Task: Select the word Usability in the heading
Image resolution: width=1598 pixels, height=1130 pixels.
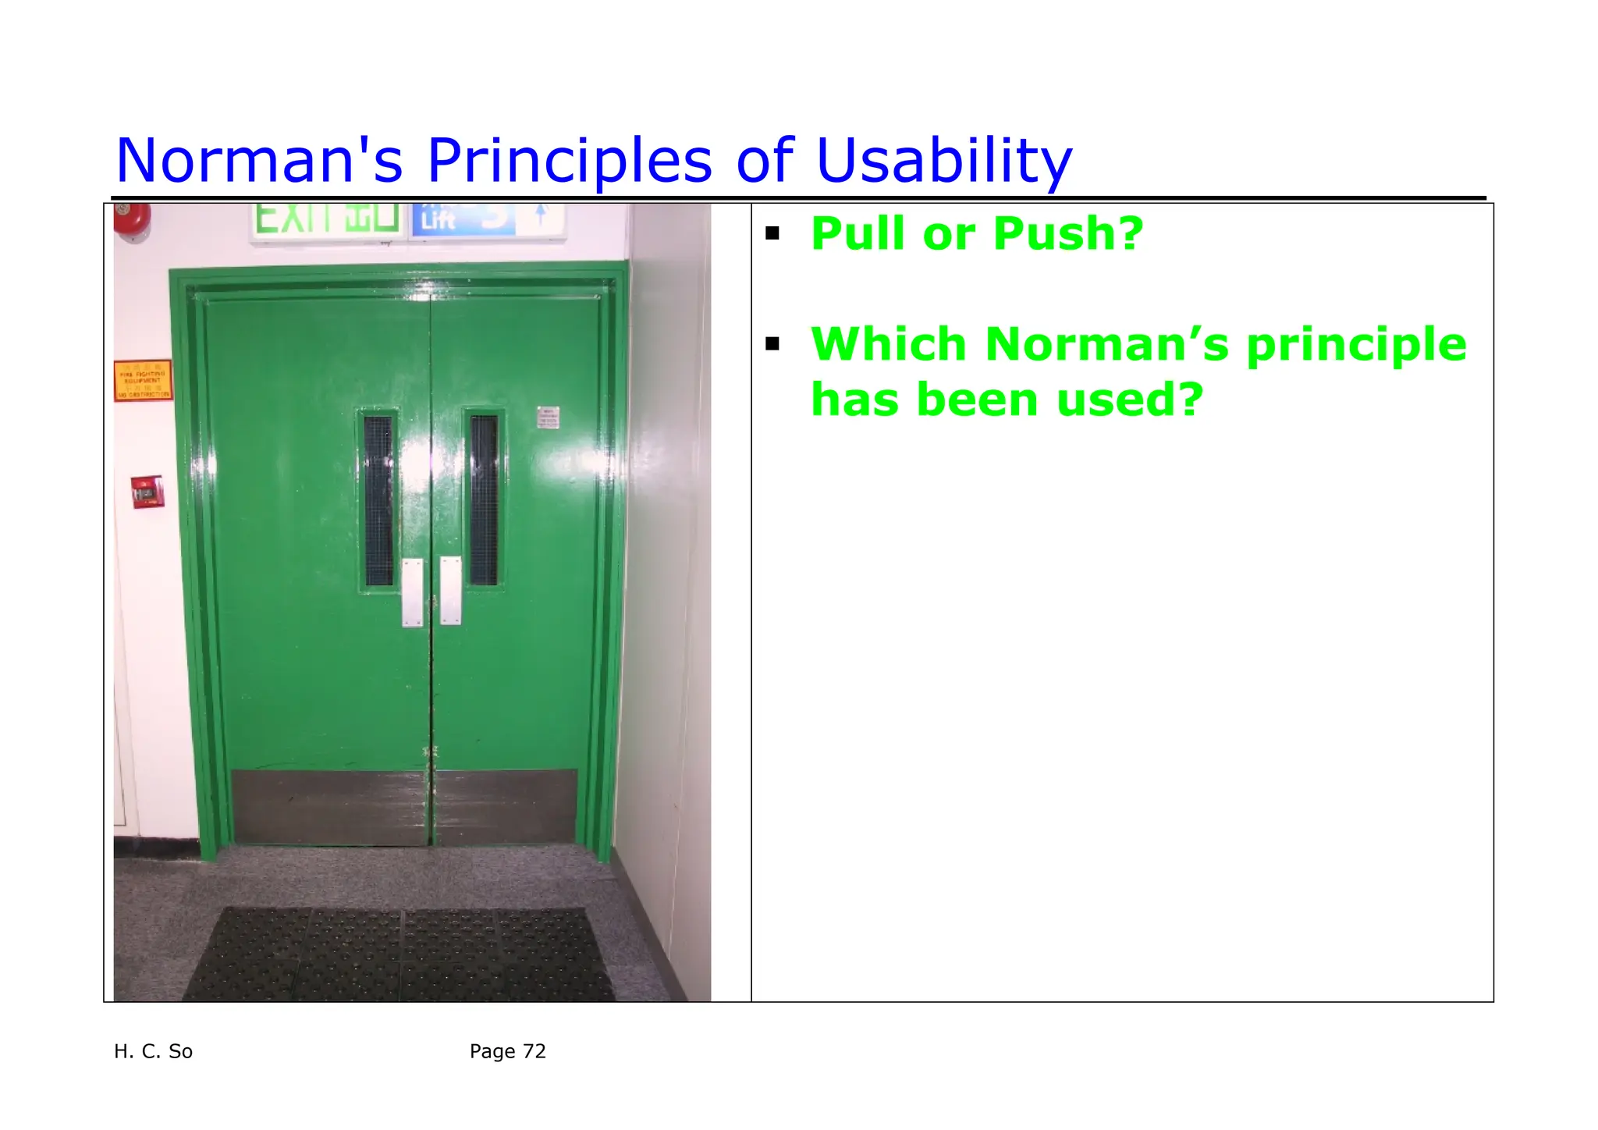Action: click(943, 162)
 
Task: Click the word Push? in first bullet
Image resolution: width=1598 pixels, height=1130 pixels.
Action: click(1067, 233)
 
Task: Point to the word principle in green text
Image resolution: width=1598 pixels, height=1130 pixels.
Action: click(1356, 346)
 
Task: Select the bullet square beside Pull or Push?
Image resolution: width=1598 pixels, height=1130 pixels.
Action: click(772, 233)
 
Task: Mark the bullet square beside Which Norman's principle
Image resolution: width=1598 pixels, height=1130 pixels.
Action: click(772, 344)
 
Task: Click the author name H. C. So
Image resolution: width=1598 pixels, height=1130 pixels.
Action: click(153, 1051)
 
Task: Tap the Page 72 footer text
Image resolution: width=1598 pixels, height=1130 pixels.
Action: click(507, 1051)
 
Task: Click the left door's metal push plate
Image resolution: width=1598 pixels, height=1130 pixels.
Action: click(412, 592)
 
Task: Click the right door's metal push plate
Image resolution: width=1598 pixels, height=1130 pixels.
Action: click(450, 590)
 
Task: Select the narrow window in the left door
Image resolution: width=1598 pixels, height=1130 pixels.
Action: click(378, 500)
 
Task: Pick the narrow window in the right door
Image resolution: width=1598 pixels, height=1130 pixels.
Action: click(484, 500)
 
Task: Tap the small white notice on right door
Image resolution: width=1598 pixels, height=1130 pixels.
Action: click(548, 418)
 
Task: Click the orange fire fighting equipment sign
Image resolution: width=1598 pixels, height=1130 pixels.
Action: click(143, 381)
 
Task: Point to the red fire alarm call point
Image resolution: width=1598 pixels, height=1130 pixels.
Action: click(147, 492)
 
